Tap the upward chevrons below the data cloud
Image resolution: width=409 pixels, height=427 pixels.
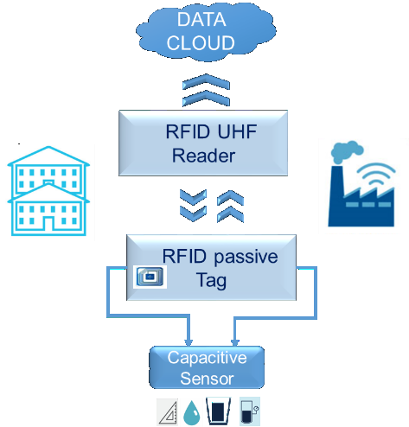click(x=204, y=89)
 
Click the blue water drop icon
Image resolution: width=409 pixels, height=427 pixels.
click(x=191, y=411)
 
